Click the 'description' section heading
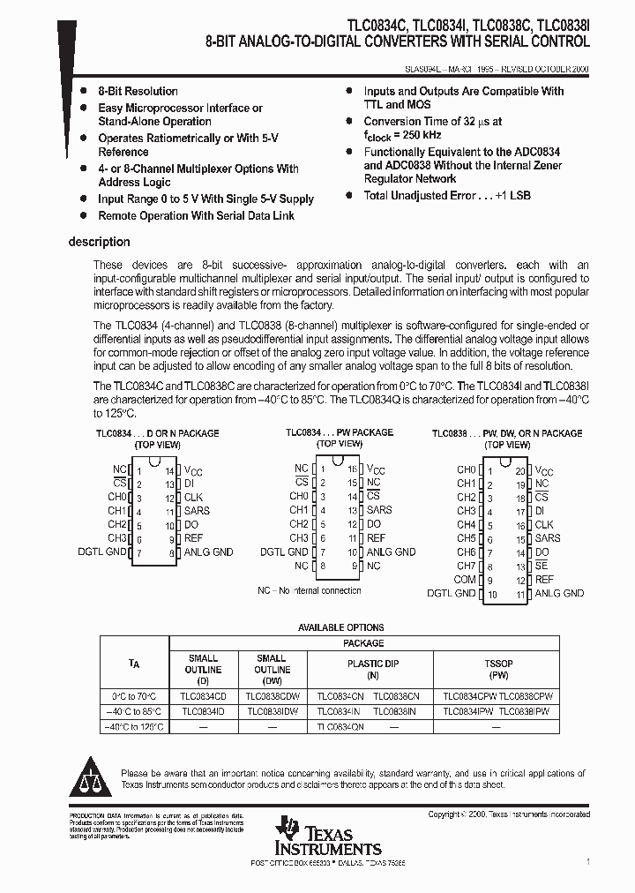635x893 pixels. (x=99, y=242)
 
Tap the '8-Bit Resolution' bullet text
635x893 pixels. (x=138, y=91)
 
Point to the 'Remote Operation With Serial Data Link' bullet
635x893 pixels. (x=196, y=215)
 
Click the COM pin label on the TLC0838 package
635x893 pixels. (x=465, y=580)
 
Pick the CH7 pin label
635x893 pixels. (x=466, y=566)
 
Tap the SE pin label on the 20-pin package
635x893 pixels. (x=541, y=566)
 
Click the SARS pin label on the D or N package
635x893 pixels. (x=197, y=511)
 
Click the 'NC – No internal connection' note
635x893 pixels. (x=309, y=590)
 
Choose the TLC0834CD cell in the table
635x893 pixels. (x=204, y=696)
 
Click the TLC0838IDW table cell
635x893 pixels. (x=272, y=711)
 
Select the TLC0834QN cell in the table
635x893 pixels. (x=340, y=726)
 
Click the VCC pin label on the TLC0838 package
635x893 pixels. (x=544, y=471)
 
